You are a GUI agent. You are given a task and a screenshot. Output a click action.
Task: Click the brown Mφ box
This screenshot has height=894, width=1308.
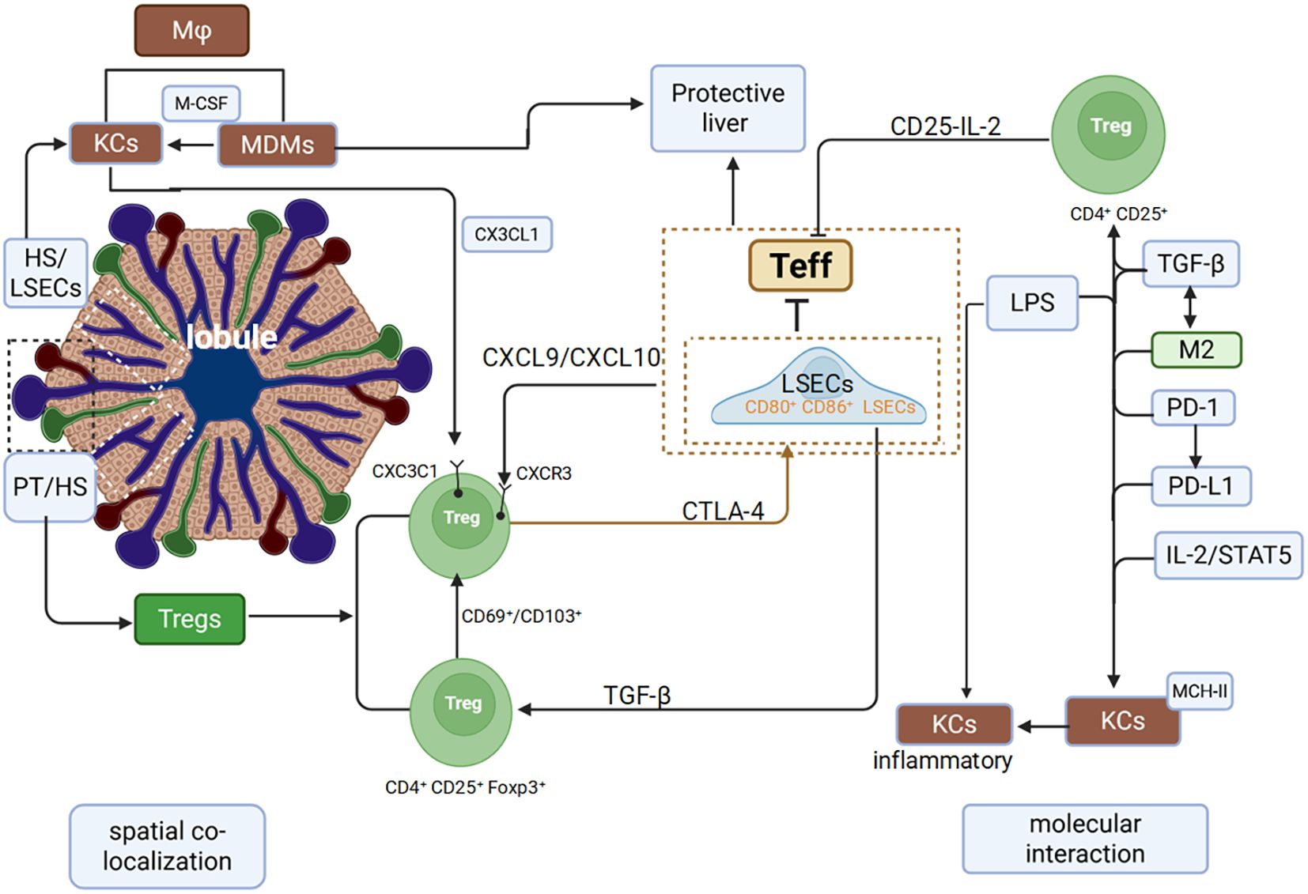[x=191, y=31]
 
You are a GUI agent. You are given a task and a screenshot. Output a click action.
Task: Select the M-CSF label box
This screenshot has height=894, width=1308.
[x=201, y=104]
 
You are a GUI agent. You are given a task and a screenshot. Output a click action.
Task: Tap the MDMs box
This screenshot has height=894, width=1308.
[x=277, y=145]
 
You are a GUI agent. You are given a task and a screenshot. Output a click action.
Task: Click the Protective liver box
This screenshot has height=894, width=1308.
[x=728, y=108]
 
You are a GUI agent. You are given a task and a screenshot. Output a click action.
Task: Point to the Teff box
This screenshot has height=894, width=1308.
[x=800, y=266]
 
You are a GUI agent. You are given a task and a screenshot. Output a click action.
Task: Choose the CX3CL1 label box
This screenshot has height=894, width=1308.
[x=506, y=235]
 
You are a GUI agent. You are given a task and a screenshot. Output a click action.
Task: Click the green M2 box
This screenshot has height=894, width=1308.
[x=1196, y=349]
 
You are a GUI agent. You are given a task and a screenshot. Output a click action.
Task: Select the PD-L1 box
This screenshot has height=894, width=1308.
[x=1200, y=485]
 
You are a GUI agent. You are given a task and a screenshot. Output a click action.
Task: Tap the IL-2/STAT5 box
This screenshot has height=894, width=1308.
[x=1227, y=555]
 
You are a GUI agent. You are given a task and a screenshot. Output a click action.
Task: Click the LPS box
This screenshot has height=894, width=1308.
[x=1032, y=303]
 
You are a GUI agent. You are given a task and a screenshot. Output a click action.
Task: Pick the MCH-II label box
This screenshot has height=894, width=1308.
[x=1200, y=692]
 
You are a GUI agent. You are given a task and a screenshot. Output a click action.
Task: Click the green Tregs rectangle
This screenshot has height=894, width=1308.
[x=190, y=619]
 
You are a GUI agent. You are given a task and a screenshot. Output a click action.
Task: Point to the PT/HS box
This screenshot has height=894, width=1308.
[x=50, y=487]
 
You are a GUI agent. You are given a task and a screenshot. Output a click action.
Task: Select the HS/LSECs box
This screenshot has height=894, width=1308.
[x=46, y=273]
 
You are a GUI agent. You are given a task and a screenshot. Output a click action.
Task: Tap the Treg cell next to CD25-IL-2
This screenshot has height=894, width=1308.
[x=1108, y=134]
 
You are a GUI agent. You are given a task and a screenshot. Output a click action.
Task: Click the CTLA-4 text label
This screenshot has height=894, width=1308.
[x=723, y=512]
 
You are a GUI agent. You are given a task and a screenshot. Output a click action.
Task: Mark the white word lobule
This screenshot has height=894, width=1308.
[x=231, y=338]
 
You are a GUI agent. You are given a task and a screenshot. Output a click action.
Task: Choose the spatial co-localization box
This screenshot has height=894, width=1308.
[x=167, y=846]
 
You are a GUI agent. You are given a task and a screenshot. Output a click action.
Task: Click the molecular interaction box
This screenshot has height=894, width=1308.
[x=1084, y=839]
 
